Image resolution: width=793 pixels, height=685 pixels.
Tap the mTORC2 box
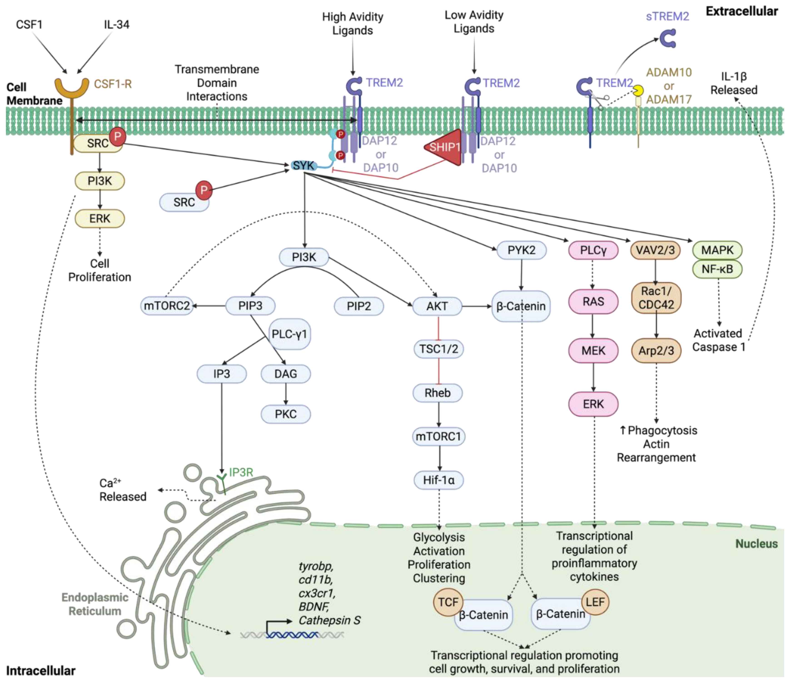[167, 306]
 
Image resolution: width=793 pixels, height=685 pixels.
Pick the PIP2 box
[359, 306]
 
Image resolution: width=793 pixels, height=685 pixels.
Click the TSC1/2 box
[439, 349]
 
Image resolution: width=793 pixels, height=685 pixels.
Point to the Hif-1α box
[439, 480]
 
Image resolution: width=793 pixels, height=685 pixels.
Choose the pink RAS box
[593, 302]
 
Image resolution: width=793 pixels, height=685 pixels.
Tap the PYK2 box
[521, 250]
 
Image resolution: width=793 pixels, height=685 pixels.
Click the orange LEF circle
[595, 602]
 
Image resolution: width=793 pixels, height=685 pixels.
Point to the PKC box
[286, 414]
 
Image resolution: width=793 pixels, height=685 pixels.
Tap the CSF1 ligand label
[29, 25]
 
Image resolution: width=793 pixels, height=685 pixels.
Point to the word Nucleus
[756, 544]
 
